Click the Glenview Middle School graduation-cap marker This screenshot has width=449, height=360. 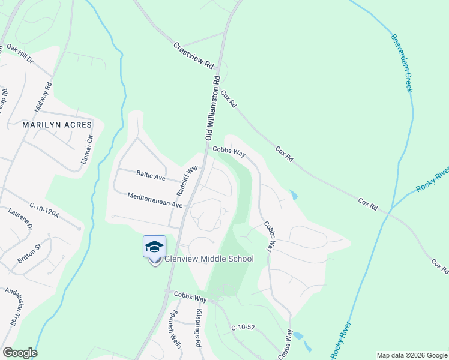[x=154, y=247]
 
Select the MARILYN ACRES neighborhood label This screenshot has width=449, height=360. [x=57, y=125]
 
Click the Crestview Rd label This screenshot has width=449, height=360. [x=194, y=55]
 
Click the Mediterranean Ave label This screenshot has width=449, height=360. [x=155, y=200]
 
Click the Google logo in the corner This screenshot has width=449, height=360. [x=20, y=353]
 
